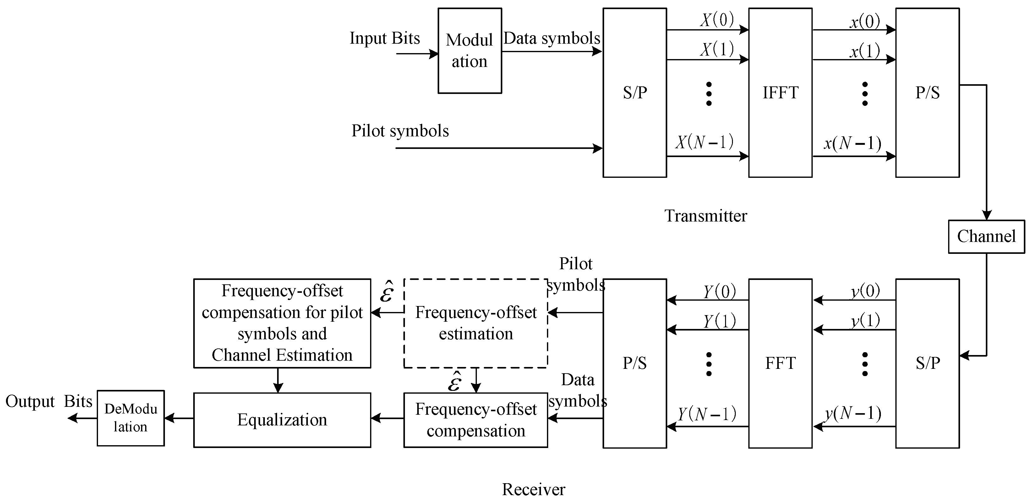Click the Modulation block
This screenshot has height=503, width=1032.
point(470,51)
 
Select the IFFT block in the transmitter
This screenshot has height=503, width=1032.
point(780,93)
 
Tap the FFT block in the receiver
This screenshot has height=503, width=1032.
point(780,363)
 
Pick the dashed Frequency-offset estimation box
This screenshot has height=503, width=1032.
point(476,323)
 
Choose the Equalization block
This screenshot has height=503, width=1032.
point(282,420)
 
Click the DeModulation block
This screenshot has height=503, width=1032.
point(131,418)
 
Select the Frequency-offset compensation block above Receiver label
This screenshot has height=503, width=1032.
point(476,420)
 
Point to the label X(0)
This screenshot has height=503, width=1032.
point(717,20)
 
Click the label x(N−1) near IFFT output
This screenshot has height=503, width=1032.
point(852,143)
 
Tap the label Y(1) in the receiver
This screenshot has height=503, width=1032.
point(719,321)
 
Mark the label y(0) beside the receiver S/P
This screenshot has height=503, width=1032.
point(865,291)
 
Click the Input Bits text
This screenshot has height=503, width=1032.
point(385,38)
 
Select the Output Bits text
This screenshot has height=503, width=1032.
point(49,402)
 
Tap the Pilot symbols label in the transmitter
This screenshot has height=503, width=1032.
point(400,131)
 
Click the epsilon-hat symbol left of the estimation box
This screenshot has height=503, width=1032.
point(387,292)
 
